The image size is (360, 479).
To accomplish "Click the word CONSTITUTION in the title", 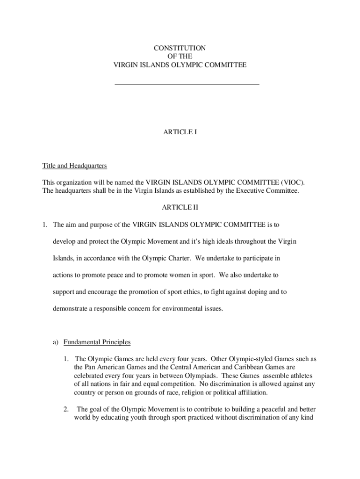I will click(x=180, y=48).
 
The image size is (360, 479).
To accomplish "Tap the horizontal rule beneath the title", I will click(x=187, y=84).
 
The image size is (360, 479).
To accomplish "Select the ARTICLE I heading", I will click(x=180, y=132).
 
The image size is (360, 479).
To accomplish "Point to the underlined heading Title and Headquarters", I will click(x=75, y=166).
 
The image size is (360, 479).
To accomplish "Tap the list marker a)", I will click(x=55, y=342).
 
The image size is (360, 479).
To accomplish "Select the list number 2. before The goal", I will click(x=66, y=410).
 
